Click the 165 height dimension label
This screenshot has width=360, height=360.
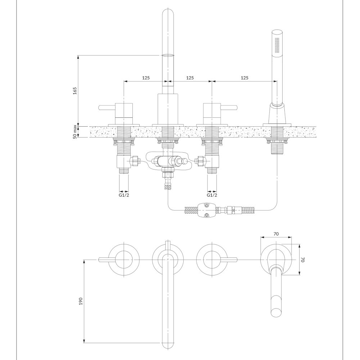(x=75, y=91)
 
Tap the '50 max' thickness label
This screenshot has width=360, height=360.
(x=75, y=132)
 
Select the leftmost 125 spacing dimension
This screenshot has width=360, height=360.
(x=146, y=78)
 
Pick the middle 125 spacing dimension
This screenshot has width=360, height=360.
(x=190, y=78)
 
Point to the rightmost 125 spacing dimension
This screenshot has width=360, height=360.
(x=244, y=78)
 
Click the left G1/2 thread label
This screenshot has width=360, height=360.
(x=124, y=195)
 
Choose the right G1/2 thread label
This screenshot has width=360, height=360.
(x=212, y=195)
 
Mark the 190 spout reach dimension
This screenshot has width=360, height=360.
(x=81, y=301)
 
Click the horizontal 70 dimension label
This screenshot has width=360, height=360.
(x=276, y=234)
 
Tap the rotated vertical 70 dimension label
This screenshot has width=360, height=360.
(x=303, y=260)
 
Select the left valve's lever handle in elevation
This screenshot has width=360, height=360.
(x=107, y=107)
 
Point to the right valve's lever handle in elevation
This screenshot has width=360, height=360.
(x=229, y=107)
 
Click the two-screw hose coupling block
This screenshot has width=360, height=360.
(x=206, y=210)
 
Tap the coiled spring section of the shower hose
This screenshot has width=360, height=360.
(x=249, y=210)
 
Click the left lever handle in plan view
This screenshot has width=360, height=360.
(x=107, y=260)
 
